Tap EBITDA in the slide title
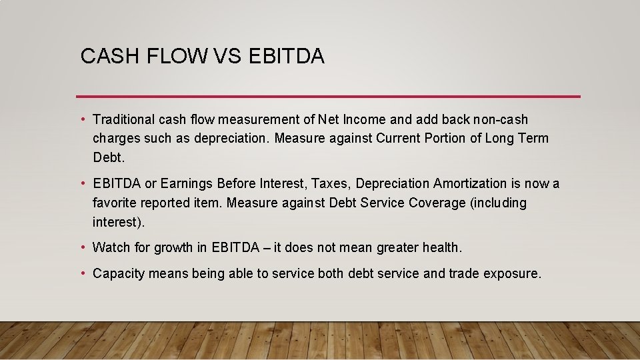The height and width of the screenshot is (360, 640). tap(286, 57)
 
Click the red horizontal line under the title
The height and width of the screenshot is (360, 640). tap(328, 97)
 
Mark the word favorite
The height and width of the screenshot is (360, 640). tap(115, 203)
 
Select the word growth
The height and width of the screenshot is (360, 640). tap(173, 248)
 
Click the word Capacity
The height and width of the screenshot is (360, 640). tap(119, 274)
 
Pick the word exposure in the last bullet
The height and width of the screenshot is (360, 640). tap(514, 274)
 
